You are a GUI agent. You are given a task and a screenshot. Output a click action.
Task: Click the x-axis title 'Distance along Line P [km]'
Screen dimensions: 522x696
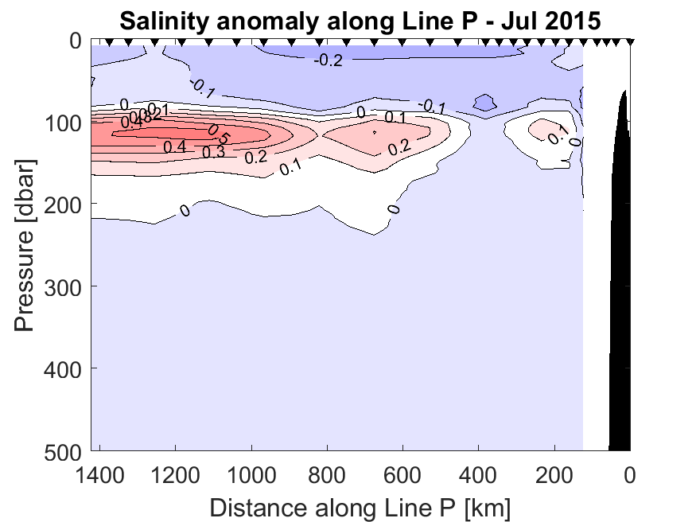click(x=360, y=507)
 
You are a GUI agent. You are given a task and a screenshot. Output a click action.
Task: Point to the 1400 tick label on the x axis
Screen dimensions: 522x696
click(x=102, y=477)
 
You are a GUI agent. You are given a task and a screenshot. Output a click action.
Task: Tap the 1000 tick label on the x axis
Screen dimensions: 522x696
click(x=251, y=477)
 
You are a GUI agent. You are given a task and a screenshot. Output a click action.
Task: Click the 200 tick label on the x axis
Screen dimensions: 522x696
click(x=554, y=477)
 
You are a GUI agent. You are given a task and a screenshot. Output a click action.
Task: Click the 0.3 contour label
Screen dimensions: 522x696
click(x=213, y=152)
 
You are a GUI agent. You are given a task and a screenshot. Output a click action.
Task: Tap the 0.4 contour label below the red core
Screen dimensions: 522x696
click(x=175, y=146)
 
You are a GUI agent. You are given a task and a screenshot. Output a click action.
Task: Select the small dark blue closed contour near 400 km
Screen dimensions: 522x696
click(x=484, y=103)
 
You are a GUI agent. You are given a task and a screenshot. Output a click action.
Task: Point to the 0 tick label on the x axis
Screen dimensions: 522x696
click(x=630, y=477)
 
